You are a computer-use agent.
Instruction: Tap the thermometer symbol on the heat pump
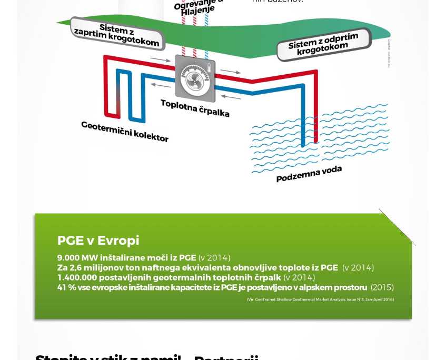[209, 67]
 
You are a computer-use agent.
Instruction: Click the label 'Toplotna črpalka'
[195, 107]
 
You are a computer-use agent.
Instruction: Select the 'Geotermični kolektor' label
[125, 132]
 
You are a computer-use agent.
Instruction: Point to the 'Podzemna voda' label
[309, 173]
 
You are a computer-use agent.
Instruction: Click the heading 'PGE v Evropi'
[98, 241]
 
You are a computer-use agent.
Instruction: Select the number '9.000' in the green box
[70, 258]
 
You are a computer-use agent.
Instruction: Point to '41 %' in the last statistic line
[65, 287]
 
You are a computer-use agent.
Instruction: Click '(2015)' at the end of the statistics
[382, 287]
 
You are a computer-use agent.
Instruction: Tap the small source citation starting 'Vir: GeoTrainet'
[320, 299]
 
